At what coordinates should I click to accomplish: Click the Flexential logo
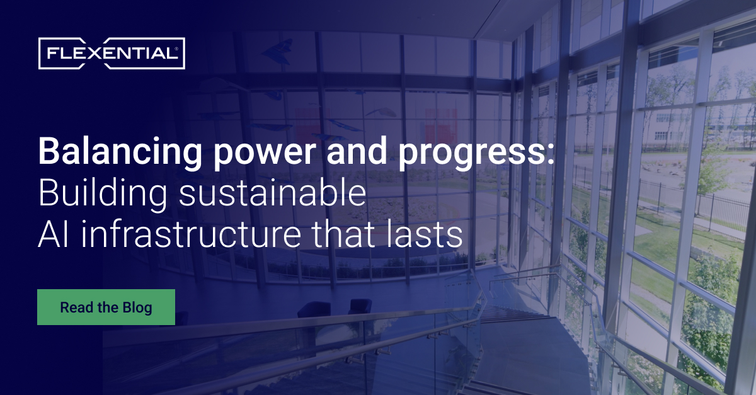pos(111,54)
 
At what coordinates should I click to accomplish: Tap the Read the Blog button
pos(106,307)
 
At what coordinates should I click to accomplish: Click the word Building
pos(103,195)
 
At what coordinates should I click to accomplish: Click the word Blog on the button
pos(138,307)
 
